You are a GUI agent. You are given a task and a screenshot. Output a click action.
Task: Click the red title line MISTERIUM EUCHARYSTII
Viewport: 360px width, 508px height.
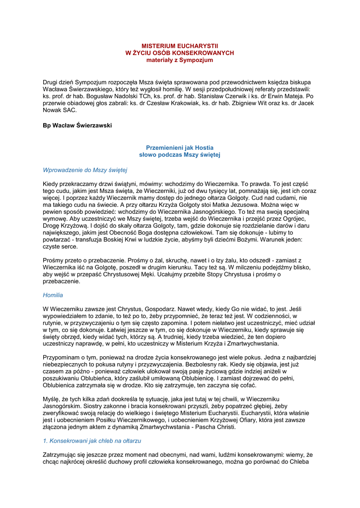[180, 46]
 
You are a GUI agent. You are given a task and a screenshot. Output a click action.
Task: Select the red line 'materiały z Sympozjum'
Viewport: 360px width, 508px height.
[180, 60]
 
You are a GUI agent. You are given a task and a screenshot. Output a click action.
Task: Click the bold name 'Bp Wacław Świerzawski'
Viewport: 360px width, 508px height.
[77, 126]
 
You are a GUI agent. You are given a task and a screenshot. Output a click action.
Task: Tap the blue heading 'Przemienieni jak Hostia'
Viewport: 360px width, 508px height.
[180, 148]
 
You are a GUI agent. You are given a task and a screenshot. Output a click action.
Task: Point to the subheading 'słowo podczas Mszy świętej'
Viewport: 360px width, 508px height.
[180, 155]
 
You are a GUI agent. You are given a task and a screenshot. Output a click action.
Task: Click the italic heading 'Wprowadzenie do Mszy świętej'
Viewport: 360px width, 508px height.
[85, 170]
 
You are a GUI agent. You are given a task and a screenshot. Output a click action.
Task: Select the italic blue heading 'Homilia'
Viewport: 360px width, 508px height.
[53, 295]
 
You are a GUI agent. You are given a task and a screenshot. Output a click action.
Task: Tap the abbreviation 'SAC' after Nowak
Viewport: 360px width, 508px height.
[70, 111]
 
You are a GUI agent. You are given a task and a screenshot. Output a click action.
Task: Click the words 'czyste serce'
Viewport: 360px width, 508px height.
[61, 246]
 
